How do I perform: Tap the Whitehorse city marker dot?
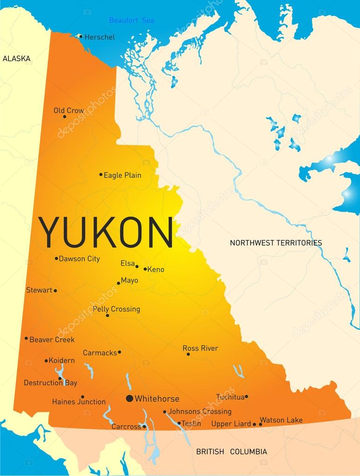coord(129,398)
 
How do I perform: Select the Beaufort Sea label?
coord(131,20)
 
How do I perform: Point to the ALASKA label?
coord(17,59)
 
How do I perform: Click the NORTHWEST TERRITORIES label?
coord(276,242)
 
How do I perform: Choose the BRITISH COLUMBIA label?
coord(231,451)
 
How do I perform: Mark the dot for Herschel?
coord(81,36)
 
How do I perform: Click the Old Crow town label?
coord(69,110)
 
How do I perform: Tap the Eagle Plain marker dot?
coord(101,175)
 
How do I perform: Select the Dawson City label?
coord(79,259)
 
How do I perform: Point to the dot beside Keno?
coord(145,269)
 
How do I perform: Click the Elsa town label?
coord(127,263)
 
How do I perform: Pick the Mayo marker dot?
coord(119,283)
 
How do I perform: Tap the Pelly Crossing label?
coord(116,309)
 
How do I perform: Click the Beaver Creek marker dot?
coord(26,338)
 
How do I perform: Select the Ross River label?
coord(200,348)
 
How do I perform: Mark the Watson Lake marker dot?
coord(260,424)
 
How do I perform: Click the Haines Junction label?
coord(79,402)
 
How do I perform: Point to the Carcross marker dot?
coord(144,426)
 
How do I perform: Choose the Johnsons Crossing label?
coord(200,411)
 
